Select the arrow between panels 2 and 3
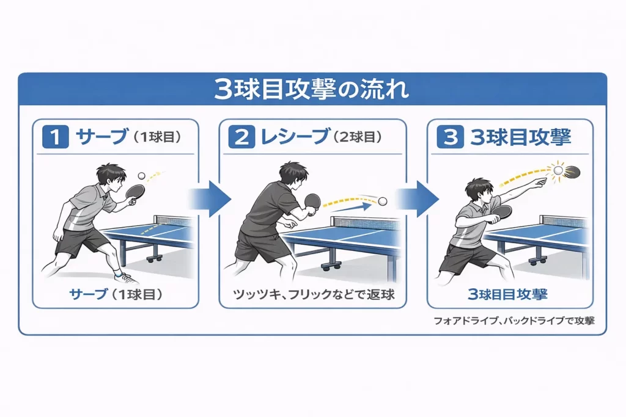point(418,199)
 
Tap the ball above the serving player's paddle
point(142,175)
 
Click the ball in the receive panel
point(383,200)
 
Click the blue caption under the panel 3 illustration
point(507,295)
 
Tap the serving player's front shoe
point(127,278)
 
